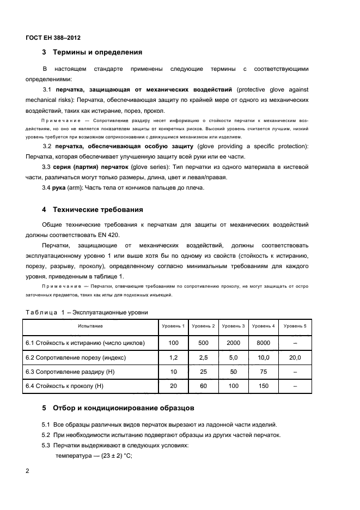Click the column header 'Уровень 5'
[x=295, y=326]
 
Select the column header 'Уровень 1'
[x=174, y=326]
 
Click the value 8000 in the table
[x=264, y=343]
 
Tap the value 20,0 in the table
[x=295, y=357]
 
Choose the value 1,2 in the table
[x=174, y=357]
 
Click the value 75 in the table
[x=264, y=372]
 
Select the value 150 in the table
[x=264, y=386]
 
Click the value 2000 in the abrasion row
[x=233, y=343]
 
